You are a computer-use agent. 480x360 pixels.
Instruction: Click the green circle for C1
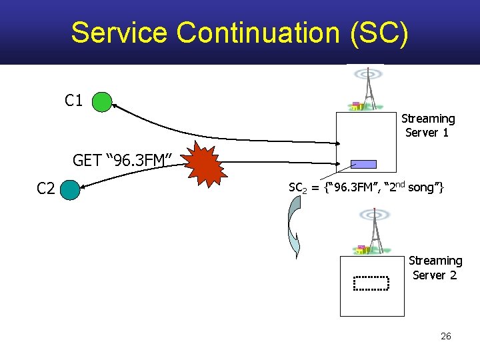102,102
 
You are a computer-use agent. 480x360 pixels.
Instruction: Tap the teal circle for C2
70,190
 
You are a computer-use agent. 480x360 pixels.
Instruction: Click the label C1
73,101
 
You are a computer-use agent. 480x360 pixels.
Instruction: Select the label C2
45,189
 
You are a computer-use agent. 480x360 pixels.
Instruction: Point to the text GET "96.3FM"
123,160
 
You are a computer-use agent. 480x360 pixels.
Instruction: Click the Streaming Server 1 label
427,125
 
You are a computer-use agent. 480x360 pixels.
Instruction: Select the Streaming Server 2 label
435,267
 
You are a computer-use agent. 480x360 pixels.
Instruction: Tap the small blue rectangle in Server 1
365,164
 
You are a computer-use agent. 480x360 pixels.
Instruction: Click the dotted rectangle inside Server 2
371,284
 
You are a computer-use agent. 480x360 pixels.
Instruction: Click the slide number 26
446,336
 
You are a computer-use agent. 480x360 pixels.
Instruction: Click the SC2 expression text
365,189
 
